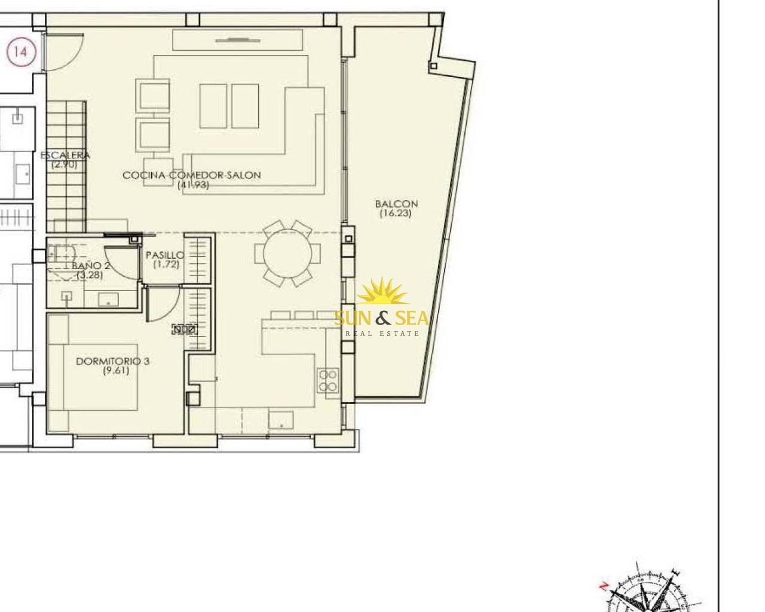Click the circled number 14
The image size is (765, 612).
click(x=22, y=52)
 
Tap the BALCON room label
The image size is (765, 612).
click(x=396, y=204)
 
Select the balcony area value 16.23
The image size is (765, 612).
click(x=396, y=213)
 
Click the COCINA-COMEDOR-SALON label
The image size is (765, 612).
click(x=192, y=175)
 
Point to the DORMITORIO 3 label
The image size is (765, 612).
click(x=113, y=362)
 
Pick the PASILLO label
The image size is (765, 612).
click(x=165, y=255)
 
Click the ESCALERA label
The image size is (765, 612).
click(x=65, y=155)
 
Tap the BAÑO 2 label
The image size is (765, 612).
click(x=91, y=265)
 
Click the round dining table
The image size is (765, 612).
click(x=287, y=253)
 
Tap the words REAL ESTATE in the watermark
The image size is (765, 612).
click(x=382, y=333)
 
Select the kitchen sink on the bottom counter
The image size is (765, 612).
click(x=281, y=420)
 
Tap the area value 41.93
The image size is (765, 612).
click(x=193, y=185)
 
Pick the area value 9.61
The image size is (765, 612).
click(x=116, y=371)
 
